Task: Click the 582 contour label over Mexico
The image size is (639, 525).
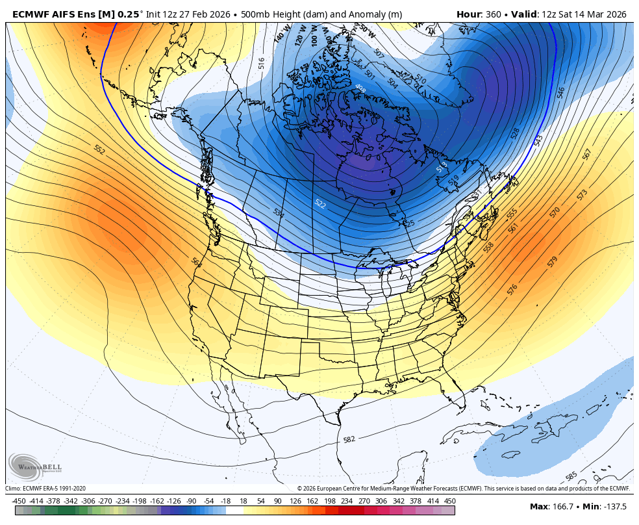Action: (349, 440)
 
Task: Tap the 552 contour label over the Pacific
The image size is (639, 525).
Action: (99, 149)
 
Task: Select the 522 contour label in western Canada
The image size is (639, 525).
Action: (319, 203)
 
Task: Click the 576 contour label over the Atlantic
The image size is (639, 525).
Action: (512, 289)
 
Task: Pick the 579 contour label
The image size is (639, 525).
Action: (552, 261)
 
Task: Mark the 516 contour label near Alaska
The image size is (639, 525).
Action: (261, 63)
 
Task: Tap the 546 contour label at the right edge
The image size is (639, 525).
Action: (560, 93)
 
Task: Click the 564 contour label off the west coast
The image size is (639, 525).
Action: (196, 261)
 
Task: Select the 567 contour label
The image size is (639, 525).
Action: (587, 154)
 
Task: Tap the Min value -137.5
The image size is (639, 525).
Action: (614, 507)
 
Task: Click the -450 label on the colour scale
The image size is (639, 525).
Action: (19, 501)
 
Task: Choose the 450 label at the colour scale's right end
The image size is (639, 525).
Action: (449, 501)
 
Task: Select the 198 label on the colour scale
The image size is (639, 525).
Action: (330, 501)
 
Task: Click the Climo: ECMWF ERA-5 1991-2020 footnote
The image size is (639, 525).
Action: (45, 489)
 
